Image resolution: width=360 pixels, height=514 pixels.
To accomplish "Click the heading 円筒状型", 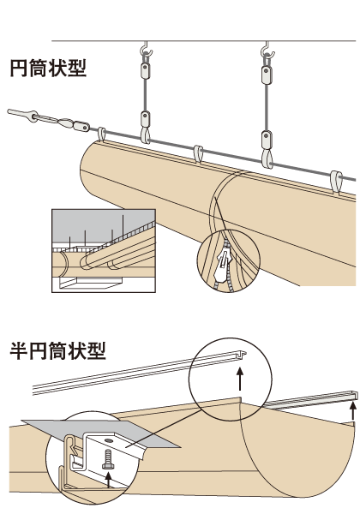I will [x=48, y=68].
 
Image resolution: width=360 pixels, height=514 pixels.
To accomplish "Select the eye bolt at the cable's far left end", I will [x=18, y=113].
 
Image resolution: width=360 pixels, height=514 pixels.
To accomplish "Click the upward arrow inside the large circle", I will [x=241, y=380].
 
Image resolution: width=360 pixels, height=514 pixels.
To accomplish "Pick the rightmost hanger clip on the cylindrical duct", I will [x=338, y=181].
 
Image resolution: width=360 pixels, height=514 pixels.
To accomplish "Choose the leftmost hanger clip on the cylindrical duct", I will [x=103, y=134].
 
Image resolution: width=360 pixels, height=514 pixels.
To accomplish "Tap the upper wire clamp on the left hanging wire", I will [x=145, y=74].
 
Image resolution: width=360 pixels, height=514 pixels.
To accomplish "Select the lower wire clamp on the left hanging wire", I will [x=145, y=118].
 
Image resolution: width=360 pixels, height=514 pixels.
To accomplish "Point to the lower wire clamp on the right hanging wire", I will [x=268, y=138].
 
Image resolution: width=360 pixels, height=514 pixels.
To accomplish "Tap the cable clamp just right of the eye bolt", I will [x=81, y=125].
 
